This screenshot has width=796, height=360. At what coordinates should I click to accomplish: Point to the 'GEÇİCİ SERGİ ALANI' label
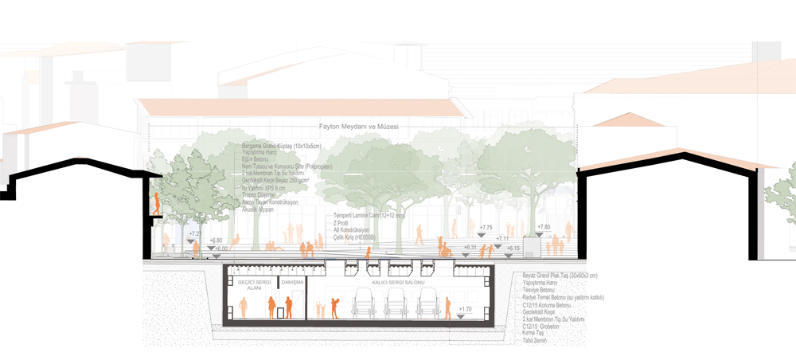pyautogui.click(x=255, y=286)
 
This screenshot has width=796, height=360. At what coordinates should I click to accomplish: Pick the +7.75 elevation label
pyautogui.click(x=486, y=228)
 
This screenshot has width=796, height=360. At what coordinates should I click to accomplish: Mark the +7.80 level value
pyautogui.click(x=544, y=227)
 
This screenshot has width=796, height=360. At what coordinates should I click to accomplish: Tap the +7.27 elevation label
pyautogui.click(x=196, y=233)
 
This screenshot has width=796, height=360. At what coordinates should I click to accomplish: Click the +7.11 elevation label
pyautogui.click(x=502, y=238)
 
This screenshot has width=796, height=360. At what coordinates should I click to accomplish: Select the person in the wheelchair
pyautogui.click(x=447, y=250)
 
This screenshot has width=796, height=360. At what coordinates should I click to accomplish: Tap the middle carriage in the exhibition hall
pyautogui.click(x=396, y=303)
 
